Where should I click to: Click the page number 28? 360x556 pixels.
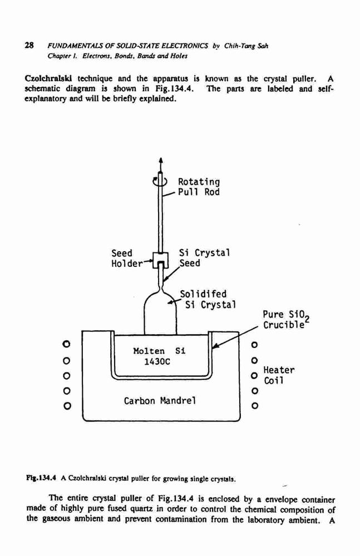click(x=29, y=46)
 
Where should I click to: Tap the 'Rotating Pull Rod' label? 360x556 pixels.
click(x=199, y=187)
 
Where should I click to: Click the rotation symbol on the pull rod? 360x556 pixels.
click(x=160, y=182)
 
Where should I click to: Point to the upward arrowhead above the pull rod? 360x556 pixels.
click(x=161, y=161)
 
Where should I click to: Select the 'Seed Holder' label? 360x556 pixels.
click(x=127, y=258)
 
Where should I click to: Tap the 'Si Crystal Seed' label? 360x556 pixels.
click(x=204, y=258)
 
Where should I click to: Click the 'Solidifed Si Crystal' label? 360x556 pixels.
click(x=208, y=299)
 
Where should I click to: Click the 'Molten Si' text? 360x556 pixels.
click(x=159, y=351)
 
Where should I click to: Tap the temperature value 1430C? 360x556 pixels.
click(x=157, y=362)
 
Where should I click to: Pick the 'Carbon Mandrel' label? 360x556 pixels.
click(x=160, y=401)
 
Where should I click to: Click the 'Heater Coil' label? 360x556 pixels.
click(x=279, y=375)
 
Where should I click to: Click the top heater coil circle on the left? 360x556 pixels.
click(x=66, y=344)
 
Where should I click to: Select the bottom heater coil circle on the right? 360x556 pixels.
click(x=254, y=406)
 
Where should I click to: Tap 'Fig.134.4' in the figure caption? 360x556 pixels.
click(x=41, y=479)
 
